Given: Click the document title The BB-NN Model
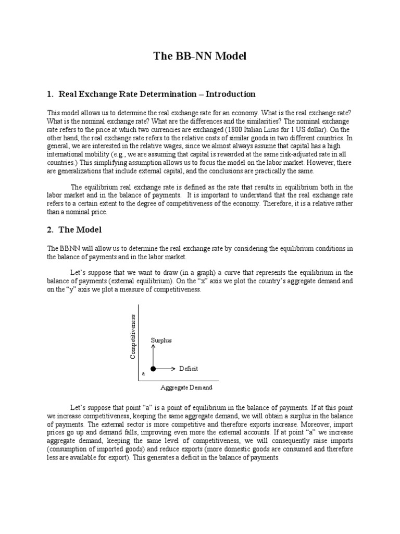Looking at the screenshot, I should pyautogui.click(x=200, y=56).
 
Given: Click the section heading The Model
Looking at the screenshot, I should pyautogui.click(x=80, y=229).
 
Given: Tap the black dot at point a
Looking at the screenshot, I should pyautogui.click(x=153, y=369).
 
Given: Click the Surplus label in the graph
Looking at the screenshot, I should pyautogui.click(x=161, y=340).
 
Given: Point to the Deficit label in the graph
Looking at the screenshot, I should pyautogui.click(x=189, y=369).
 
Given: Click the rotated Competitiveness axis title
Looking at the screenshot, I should pyautogui.click(x=133, y=336).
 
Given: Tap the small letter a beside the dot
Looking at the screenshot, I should pyautogui.click(x=144, y=374).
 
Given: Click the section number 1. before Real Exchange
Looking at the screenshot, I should pyautogui.click(x=51, y=94).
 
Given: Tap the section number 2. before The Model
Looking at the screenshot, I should pyautogui.click(x=51, y=229).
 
